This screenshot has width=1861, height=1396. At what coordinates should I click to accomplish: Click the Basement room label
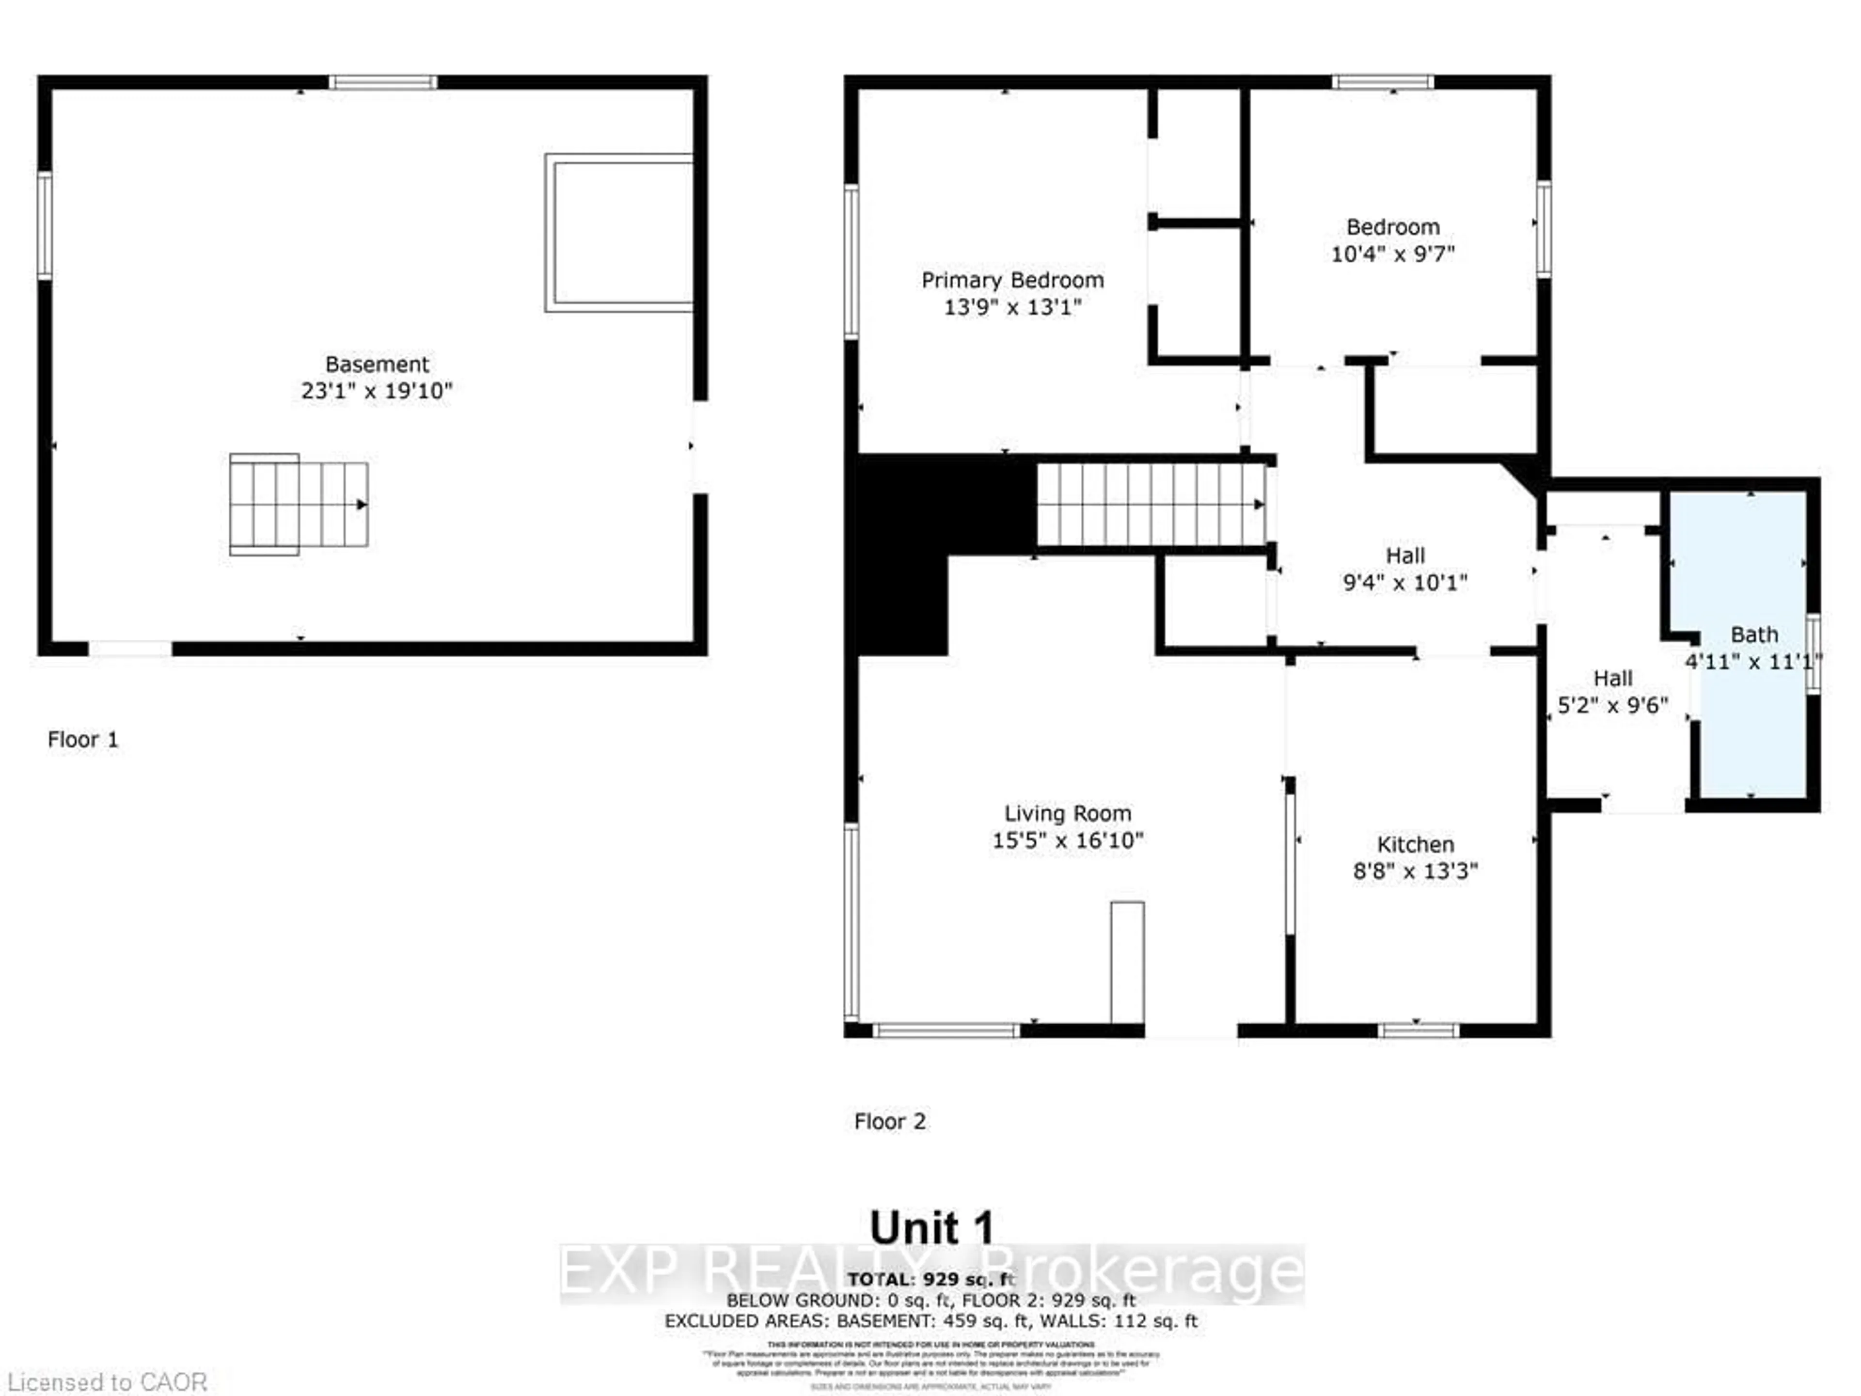point(377,365)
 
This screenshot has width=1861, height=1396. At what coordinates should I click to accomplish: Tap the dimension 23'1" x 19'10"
point(377,391)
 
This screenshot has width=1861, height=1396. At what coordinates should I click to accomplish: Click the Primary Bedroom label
point(1012,280)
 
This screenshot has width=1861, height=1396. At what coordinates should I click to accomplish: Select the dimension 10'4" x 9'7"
point(1392,254)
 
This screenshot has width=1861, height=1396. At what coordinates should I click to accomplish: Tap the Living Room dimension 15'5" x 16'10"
point(1067,841)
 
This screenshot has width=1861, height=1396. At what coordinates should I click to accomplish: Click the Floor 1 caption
point(82,740)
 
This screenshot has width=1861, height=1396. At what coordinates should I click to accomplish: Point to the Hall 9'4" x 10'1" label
point(1404,569)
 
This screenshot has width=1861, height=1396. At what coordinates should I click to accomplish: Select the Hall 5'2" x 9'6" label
point(1612,692)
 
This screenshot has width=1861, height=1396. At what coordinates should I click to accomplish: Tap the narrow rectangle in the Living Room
point(1127,962)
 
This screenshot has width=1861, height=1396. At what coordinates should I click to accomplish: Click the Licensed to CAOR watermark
point(107,1382)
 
